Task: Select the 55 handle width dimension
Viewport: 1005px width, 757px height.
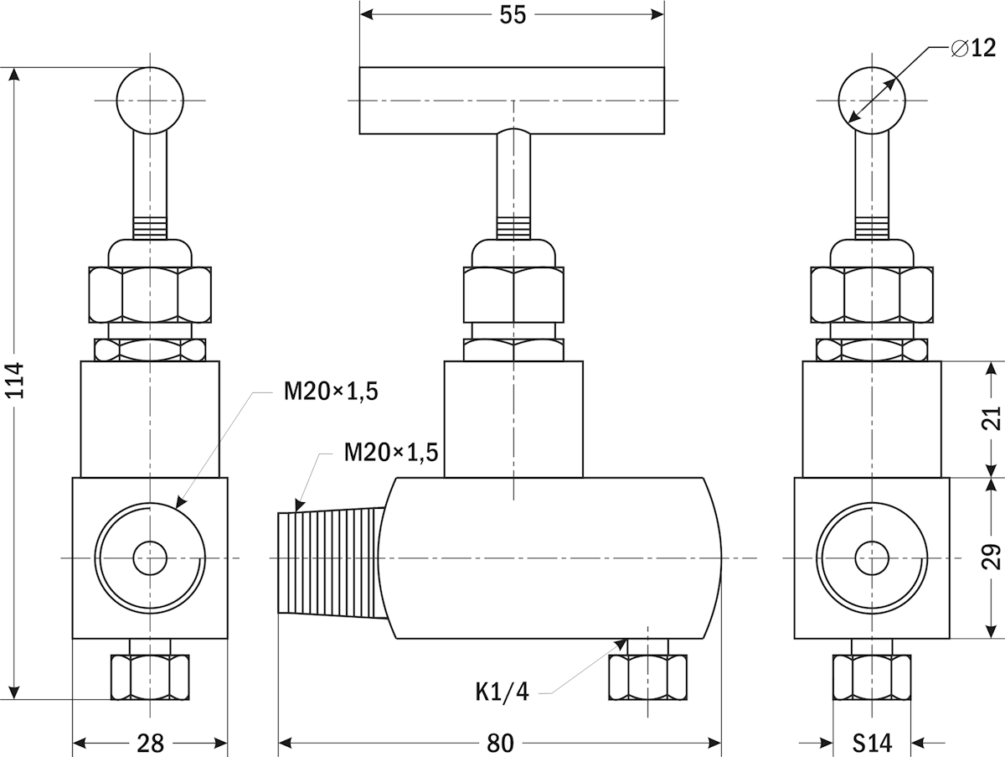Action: pos(513,15)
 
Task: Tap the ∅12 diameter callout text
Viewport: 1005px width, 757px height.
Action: pos(974,49)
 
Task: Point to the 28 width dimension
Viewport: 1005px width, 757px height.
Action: pos(150,743)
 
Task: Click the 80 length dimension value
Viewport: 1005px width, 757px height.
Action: pos(500,743)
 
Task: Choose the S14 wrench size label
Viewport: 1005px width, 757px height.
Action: pos(873,743)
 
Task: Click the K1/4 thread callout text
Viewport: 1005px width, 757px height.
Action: pos(502,692)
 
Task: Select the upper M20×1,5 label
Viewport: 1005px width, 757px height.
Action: pos(331,391)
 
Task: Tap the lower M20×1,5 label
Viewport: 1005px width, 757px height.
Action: pos(391,453)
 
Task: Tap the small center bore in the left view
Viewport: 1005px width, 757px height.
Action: pos(150,557)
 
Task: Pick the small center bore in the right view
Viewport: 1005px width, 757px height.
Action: pos(872,557)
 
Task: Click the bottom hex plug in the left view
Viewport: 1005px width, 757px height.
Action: pos(150,676)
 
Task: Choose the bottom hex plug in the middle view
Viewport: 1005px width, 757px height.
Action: pos(648,676)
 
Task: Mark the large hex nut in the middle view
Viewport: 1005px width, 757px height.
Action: pos(513,294)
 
